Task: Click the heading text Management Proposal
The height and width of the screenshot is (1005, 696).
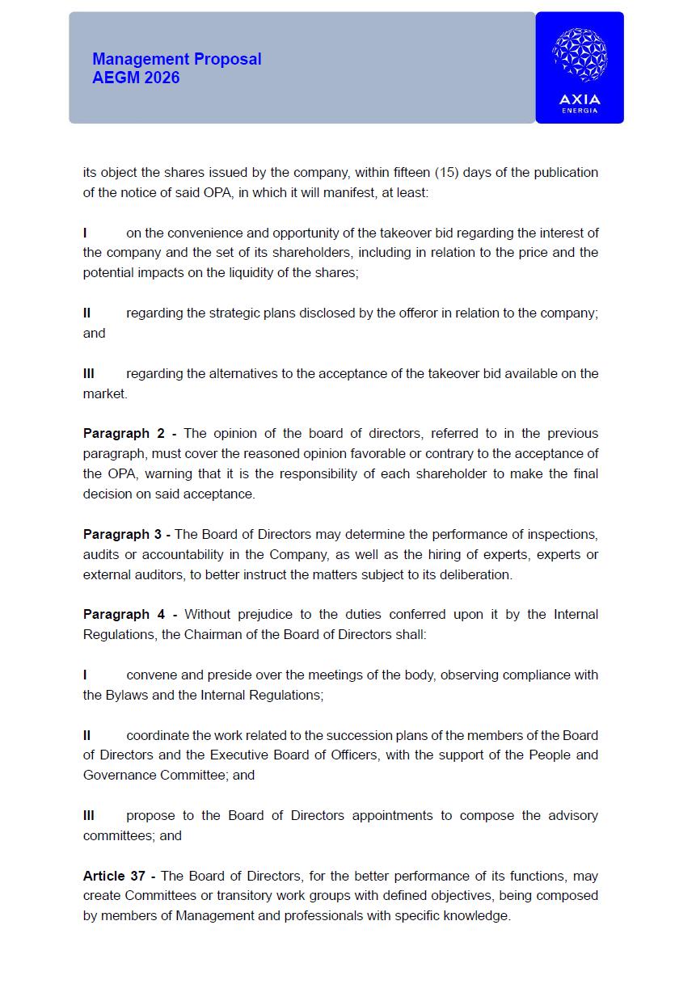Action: (177, 59)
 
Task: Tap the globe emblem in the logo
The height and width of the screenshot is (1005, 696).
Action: (580, 55)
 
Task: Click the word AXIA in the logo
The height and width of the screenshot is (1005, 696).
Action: (580, 100)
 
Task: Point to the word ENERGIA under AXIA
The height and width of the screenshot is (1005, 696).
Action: (580, 111)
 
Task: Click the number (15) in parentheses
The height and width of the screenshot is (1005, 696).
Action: (447, 172)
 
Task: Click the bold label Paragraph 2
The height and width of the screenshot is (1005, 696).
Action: (124, 433)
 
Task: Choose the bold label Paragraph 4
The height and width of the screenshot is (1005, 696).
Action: (124, 614)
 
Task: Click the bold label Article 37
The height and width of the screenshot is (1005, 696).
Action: (114, 876)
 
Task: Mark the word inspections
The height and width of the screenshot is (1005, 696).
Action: (563, 534)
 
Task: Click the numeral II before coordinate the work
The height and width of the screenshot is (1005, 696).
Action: (86, 735)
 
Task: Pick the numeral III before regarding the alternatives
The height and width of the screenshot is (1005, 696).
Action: (89, 373)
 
